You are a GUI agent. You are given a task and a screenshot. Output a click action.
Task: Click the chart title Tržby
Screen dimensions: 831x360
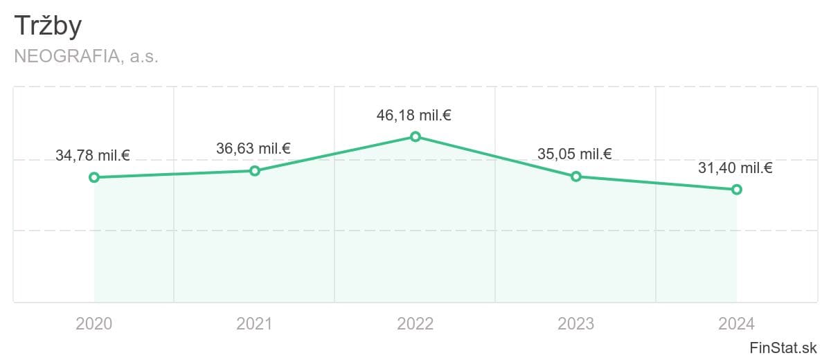tap(48, 26)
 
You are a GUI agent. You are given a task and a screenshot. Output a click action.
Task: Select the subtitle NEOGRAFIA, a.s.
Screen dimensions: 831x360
tap(86, 56)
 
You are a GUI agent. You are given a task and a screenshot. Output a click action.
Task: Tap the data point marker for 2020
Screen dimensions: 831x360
tap(94, 177)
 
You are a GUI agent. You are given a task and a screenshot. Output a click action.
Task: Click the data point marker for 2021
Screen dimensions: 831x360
tap(255, 171)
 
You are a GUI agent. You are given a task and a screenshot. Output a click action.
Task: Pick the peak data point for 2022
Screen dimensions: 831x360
tap(415, 137)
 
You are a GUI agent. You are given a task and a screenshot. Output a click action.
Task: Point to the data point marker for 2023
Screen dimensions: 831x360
tap(575, 177)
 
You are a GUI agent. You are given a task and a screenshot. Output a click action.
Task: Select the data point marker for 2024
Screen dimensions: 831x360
tap(737, 190)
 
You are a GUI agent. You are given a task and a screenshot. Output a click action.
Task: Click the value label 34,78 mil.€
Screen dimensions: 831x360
tap(93, 155)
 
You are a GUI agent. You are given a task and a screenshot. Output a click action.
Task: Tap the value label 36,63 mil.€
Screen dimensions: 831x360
tap(253, 148)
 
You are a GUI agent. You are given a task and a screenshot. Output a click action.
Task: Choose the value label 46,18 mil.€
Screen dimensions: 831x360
tap(414, 116)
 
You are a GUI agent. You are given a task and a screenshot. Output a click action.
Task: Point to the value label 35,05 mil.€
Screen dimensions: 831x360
tap(575, 154)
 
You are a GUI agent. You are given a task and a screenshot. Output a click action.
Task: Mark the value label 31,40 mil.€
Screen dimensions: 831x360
tap(735, 168)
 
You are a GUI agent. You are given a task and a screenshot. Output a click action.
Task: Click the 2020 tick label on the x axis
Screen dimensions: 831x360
tap(94, 324)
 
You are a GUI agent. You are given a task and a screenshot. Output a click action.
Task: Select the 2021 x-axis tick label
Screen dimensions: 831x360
tap(255, 324)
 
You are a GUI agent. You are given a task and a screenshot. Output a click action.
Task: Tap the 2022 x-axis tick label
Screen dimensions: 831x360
tap(415, 324)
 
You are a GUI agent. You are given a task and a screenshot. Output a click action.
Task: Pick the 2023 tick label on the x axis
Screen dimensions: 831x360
tap(575, 324)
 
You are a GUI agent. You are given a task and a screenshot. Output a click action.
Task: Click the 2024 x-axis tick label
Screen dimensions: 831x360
tap(736, 324)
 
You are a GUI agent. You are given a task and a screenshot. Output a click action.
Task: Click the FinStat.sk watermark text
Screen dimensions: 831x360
tap(783, 348)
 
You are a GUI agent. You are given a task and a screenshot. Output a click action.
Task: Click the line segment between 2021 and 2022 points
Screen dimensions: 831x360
tap(335, 154)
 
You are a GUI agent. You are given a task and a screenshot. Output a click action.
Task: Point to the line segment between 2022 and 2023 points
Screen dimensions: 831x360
tap(496, 157)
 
